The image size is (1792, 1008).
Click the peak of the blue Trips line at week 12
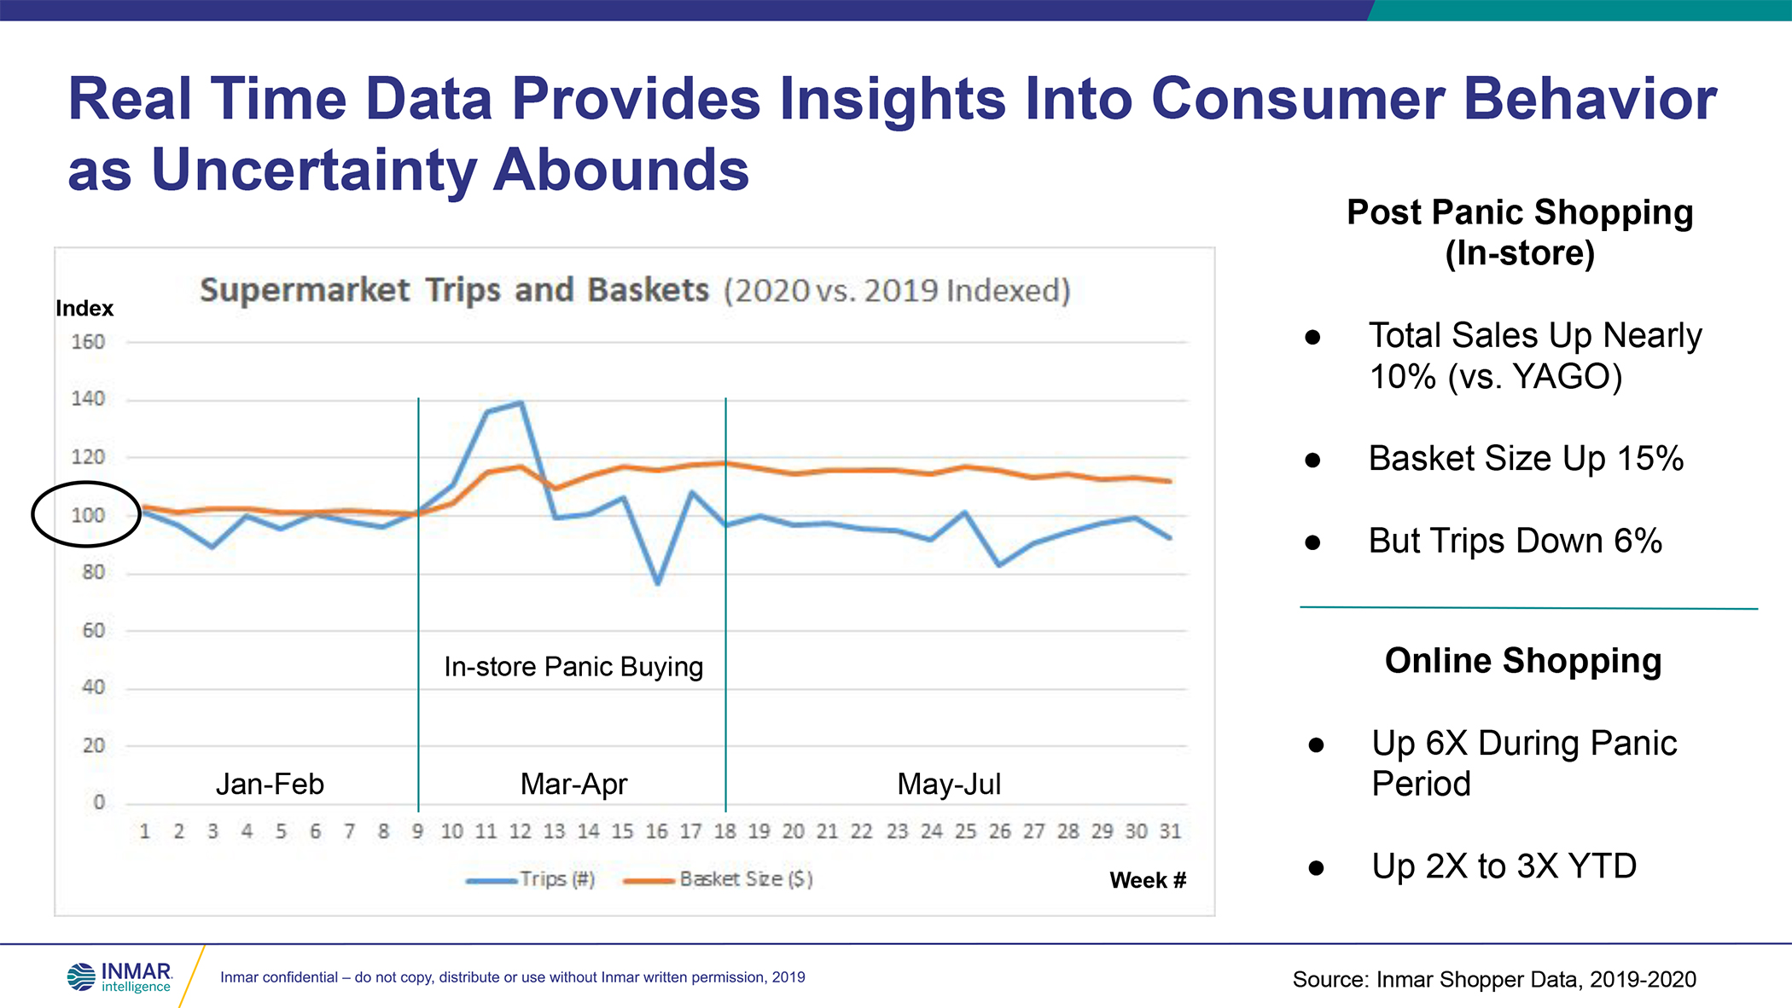tap(521, 403)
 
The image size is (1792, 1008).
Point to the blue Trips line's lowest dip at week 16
tap(657, 583)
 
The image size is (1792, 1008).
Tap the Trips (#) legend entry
tap(531, 879)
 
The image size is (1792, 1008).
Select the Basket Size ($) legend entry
tap(719, 879)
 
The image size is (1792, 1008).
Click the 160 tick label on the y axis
tap(88, 342)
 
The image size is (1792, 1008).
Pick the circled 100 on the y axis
tap(87, 515)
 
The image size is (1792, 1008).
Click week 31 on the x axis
tap(1170, 831)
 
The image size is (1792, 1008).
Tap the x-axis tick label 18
tap(725, 831)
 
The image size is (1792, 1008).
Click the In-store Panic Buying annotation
tap(573, 667)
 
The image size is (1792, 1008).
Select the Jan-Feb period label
tap(270, 784)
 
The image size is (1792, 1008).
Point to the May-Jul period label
tap(949, 784)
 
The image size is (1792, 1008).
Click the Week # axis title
tap(1148, 880)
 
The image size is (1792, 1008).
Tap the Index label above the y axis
tap(84, 308)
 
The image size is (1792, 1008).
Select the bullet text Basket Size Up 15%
tap(1526, 459)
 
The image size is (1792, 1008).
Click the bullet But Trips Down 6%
tap(1516, 541)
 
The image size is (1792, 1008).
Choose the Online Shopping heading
tap(1523, 661)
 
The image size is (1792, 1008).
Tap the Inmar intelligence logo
tap(120, 977)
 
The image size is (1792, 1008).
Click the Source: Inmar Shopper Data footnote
tap(1494, 979)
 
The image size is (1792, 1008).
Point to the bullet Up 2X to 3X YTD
tap(1504, 866)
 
